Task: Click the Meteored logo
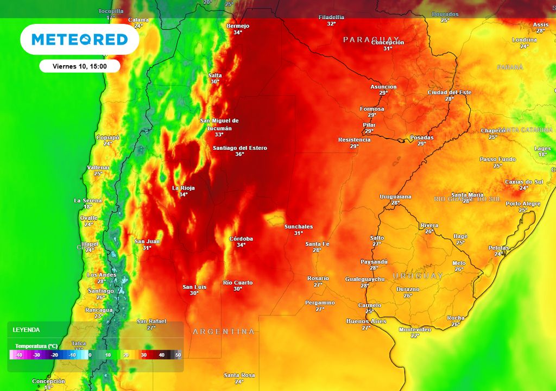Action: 80,40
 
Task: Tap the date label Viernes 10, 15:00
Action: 79,66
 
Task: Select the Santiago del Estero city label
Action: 239,148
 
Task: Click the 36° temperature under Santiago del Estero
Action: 239,154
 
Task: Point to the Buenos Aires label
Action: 366,321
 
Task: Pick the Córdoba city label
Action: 241,238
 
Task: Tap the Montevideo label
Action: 415,330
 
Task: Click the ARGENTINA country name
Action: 224,331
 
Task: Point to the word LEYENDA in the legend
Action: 26,330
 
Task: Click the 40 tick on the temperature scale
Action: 161,355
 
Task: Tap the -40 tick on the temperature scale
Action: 18,355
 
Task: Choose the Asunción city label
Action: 383,87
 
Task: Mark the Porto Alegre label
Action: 523,204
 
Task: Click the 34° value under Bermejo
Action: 238,33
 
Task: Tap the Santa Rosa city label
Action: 239,375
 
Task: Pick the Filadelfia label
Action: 331,17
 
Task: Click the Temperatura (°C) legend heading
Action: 36,346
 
